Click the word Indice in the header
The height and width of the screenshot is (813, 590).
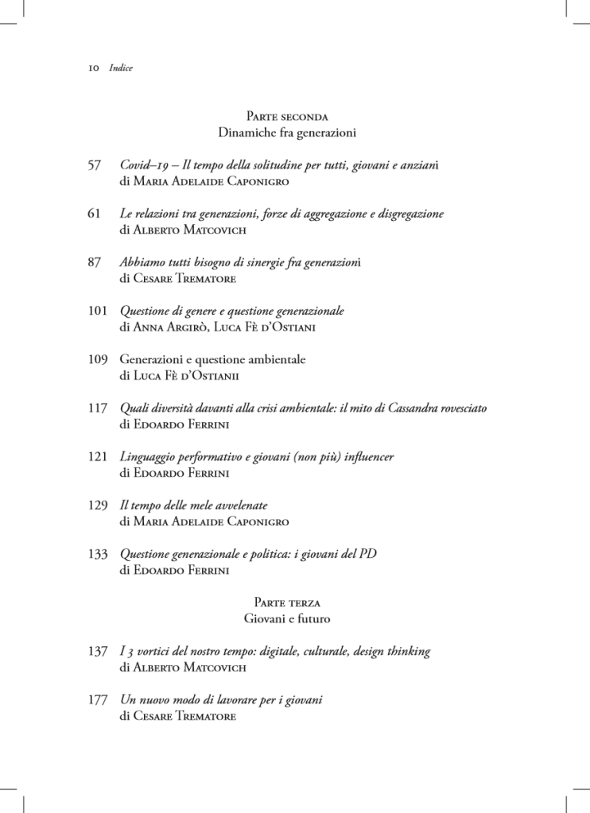point(121,68)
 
